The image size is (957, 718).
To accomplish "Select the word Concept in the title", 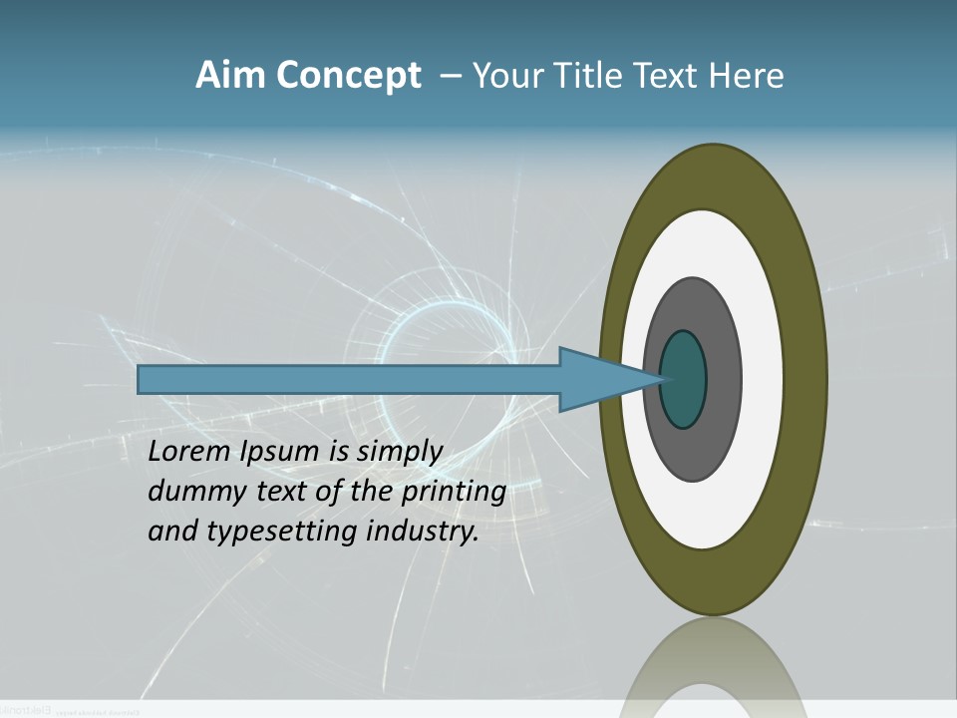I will pyautogui.click(x=346, y=77).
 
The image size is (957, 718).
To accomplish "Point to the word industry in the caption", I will pyautogui.click(x=423, y=532).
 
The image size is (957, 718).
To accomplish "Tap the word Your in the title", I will pyautogui.click(x=503, y=76).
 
